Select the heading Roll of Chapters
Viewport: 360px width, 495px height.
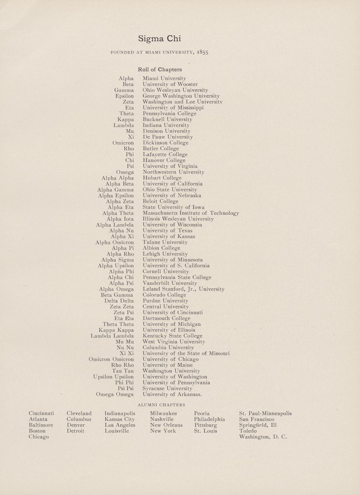[x=160, y=70]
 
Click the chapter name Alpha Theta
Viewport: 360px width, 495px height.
[x=118, y=213]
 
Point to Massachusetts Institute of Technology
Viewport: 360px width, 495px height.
[x=191, y=213]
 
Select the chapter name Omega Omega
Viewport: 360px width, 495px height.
[x=115, y=395]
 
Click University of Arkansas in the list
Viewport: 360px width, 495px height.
[x=172, y=395]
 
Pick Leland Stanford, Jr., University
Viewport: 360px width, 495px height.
[x=184, y=289]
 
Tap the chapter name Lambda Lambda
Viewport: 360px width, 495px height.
[x=112, y=336]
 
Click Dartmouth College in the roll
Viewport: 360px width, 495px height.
[x=166, y=318]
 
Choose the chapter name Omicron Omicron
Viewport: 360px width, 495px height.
[x=111, y=359]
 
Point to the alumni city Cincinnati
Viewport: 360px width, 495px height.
[x=41, y=413]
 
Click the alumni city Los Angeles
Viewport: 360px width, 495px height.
[x=120, y=425]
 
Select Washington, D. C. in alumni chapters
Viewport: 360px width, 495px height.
[x=263, y=437]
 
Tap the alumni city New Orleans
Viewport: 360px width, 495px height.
[x=166, y=425]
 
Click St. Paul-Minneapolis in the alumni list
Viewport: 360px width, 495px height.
[x=265, y=413]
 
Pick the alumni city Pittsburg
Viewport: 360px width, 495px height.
[x=205, y=425]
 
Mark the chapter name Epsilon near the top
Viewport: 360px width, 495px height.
[x=124, y=96]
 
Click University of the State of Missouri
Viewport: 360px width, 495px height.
[x=186, y=353]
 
